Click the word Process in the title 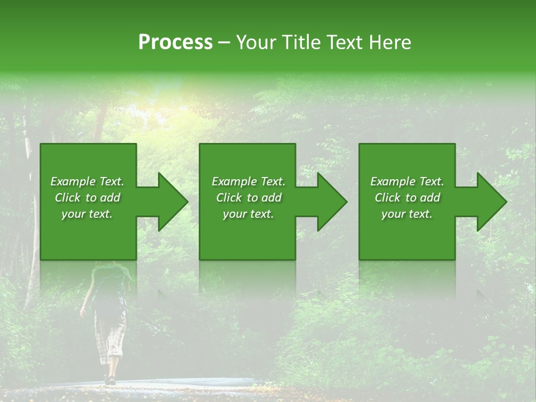coord(175,42)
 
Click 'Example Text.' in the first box coord(87,181)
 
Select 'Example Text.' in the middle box coord(248,181)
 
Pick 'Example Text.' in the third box coord(407,181)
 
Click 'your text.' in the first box coord(87,214)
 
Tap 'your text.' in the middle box coord(248,214)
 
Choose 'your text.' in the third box coord(407,214)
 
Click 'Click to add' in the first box coord(87,198)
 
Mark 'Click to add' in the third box coord(407,198)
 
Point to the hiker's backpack coord(111,285)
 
